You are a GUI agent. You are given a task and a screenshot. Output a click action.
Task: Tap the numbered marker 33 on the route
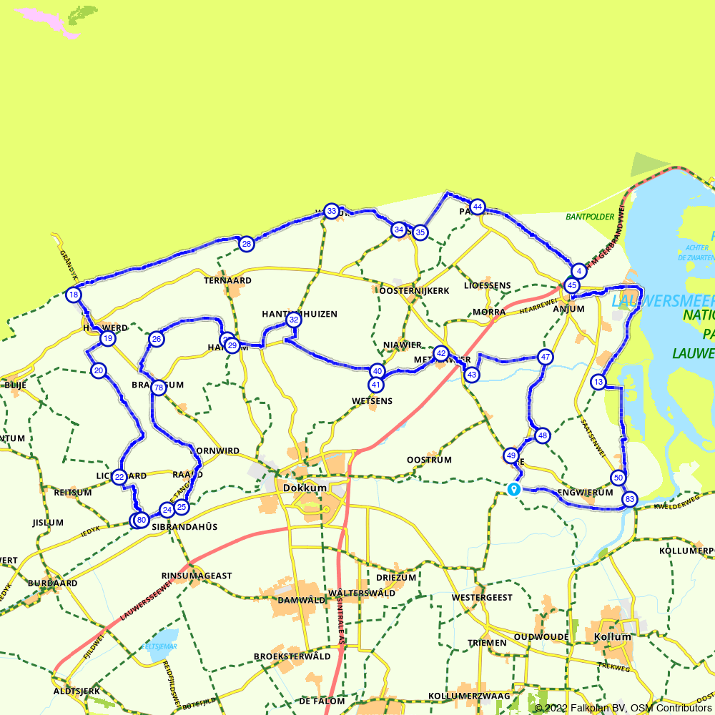[330, 211]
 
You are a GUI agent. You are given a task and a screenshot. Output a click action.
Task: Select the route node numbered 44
[478, 207]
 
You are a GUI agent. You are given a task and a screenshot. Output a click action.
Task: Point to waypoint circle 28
[246, 244]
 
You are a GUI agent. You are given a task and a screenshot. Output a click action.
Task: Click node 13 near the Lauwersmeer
[598, 383]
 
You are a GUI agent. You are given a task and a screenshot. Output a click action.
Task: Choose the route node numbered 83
[629, 499]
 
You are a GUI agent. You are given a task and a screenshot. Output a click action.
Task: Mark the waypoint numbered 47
[546, 357]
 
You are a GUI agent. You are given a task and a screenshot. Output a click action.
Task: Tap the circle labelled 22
[119, 477]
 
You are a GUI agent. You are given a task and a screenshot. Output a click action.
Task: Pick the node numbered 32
[293, 320]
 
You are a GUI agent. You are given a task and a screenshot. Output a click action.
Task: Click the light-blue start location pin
[513, 489]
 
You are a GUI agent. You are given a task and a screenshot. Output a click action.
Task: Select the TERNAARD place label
[228, 280]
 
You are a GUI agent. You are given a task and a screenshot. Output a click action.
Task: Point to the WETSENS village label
[372, 401]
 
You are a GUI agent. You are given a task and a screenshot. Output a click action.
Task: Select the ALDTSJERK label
[77, 691]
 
